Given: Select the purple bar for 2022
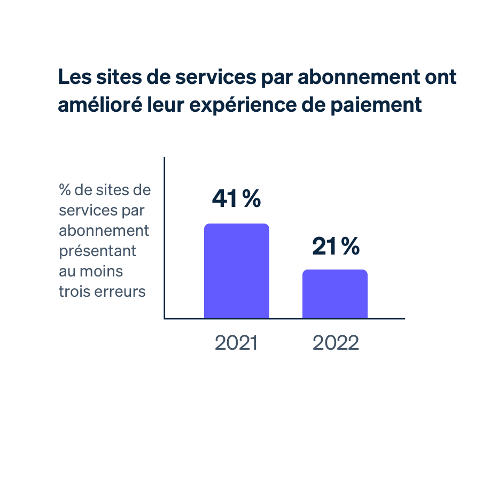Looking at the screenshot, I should click(334, 294).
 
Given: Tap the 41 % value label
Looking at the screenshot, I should click(236, 199).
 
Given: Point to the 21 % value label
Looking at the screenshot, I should click(336, 247).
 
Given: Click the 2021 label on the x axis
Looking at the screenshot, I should click(236, 343).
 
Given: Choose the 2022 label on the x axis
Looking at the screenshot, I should click(336, 343).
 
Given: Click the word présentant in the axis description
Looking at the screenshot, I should click(98, 251).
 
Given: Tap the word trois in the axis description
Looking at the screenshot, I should click(74, 291).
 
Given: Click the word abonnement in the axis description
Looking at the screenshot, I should click(104, 230).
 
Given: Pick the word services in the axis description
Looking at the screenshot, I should click(85, 210).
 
